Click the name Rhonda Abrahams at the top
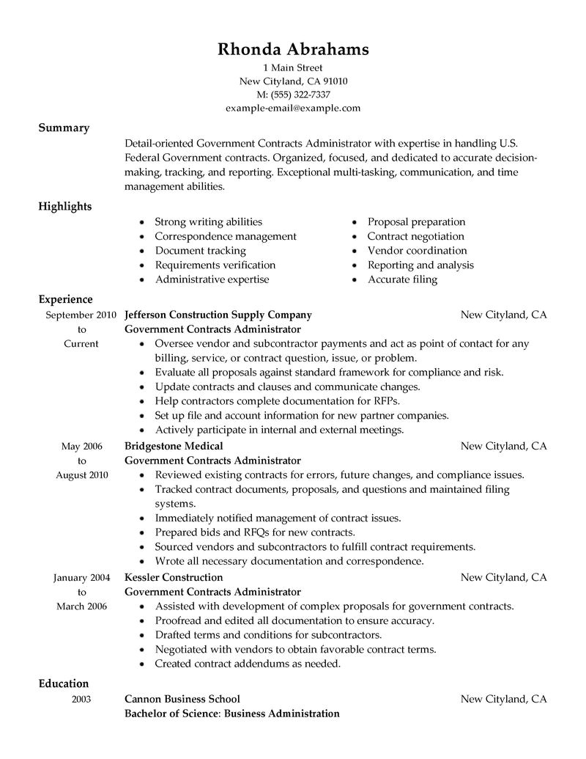293,49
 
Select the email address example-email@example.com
293,108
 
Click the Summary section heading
64,128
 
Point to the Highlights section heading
65,206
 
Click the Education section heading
64,683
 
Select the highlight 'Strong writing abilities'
208,221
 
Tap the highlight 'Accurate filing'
402,279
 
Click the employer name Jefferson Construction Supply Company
218,315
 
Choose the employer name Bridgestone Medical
174,446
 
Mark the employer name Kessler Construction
174,577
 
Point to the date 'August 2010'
82,474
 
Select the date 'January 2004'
81,577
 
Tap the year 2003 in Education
81,700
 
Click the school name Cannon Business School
182,699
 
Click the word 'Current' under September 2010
81,343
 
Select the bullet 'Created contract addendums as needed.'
248,664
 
